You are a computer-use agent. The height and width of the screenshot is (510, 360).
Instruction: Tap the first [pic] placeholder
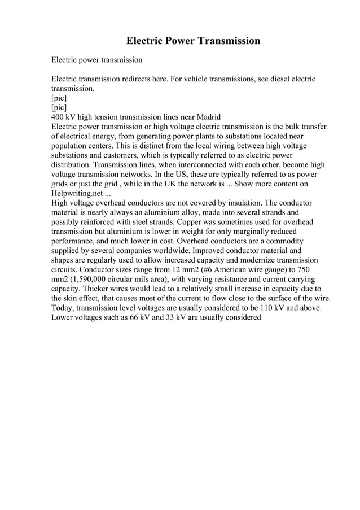point(59,98)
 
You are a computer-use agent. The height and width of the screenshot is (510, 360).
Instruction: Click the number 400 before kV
point(58,117)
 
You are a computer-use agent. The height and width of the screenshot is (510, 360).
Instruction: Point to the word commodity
point(291,242)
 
